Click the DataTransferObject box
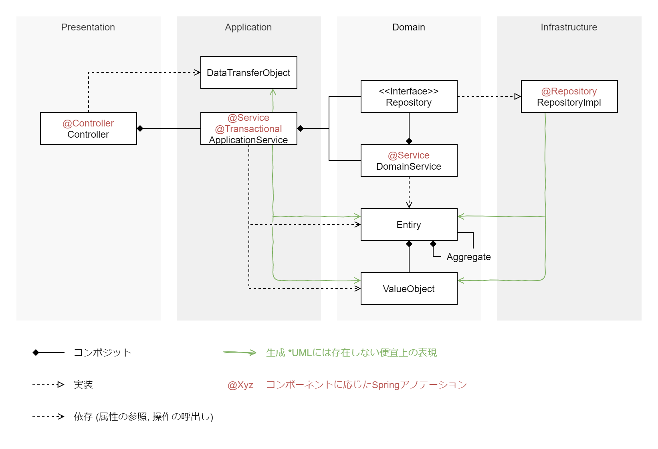pyautogui.click(x=248, y=72)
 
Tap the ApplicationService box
pyautogui.click(x=248, y=128)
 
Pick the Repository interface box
pyautogui.click(x=409, y=96)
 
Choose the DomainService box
pyautogui.click(x=409, y=160)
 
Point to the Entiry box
pyautogui.click(x=409, y=225)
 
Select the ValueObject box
pyautogui.click(x=409, y=289)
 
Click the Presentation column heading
pyautogui.click(x=88, y=27)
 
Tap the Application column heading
pyautogui.click(x=248, y=27)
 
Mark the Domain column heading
pyautogui.click(x=409, y=27)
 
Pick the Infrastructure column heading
pyautogui.click(x=569, y=27)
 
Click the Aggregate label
pyautogui.click(x=468, y=257)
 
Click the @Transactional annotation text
pyautogui.click(x=248, y=129)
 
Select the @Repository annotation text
pyautogui.click(x=569, y=91)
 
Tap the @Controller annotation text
pyautogui.click(x=88, y=123)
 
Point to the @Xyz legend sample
pyautogui.click(x=240, y=385)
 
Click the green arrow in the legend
pyautogui.click(x=240, y=353)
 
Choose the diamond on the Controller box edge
pyautogui.click(x=140, y=128)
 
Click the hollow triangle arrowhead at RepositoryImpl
pyautogui.click(x=517, y=96)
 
